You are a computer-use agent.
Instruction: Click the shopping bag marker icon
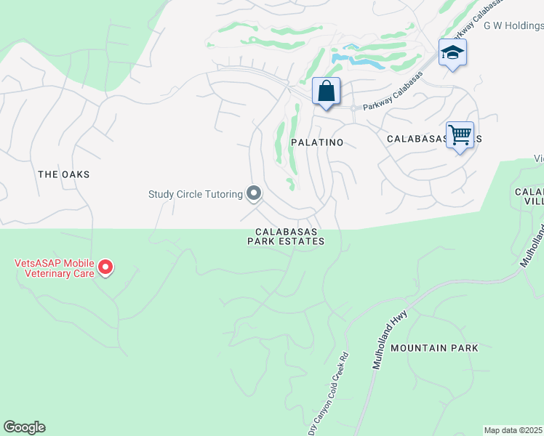(327, 92)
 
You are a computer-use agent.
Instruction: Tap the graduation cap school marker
(452, 53)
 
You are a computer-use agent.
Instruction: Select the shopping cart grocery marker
(460, 135)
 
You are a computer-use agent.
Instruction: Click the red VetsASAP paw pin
(105, 268)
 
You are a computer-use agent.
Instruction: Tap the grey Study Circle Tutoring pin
(254, 193)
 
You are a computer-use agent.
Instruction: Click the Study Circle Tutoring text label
(195, 194)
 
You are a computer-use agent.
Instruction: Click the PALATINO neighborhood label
(317, 142)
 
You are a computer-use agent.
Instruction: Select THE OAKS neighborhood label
(63, 174)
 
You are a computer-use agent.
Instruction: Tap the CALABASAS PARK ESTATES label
(285, 236)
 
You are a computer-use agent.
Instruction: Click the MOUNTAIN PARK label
(434, 348)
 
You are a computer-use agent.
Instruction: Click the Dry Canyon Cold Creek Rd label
(329, 393)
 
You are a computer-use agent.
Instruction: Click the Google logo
(24, 427)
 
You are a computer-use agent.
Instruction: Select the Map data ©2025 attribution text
(513, 430)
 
